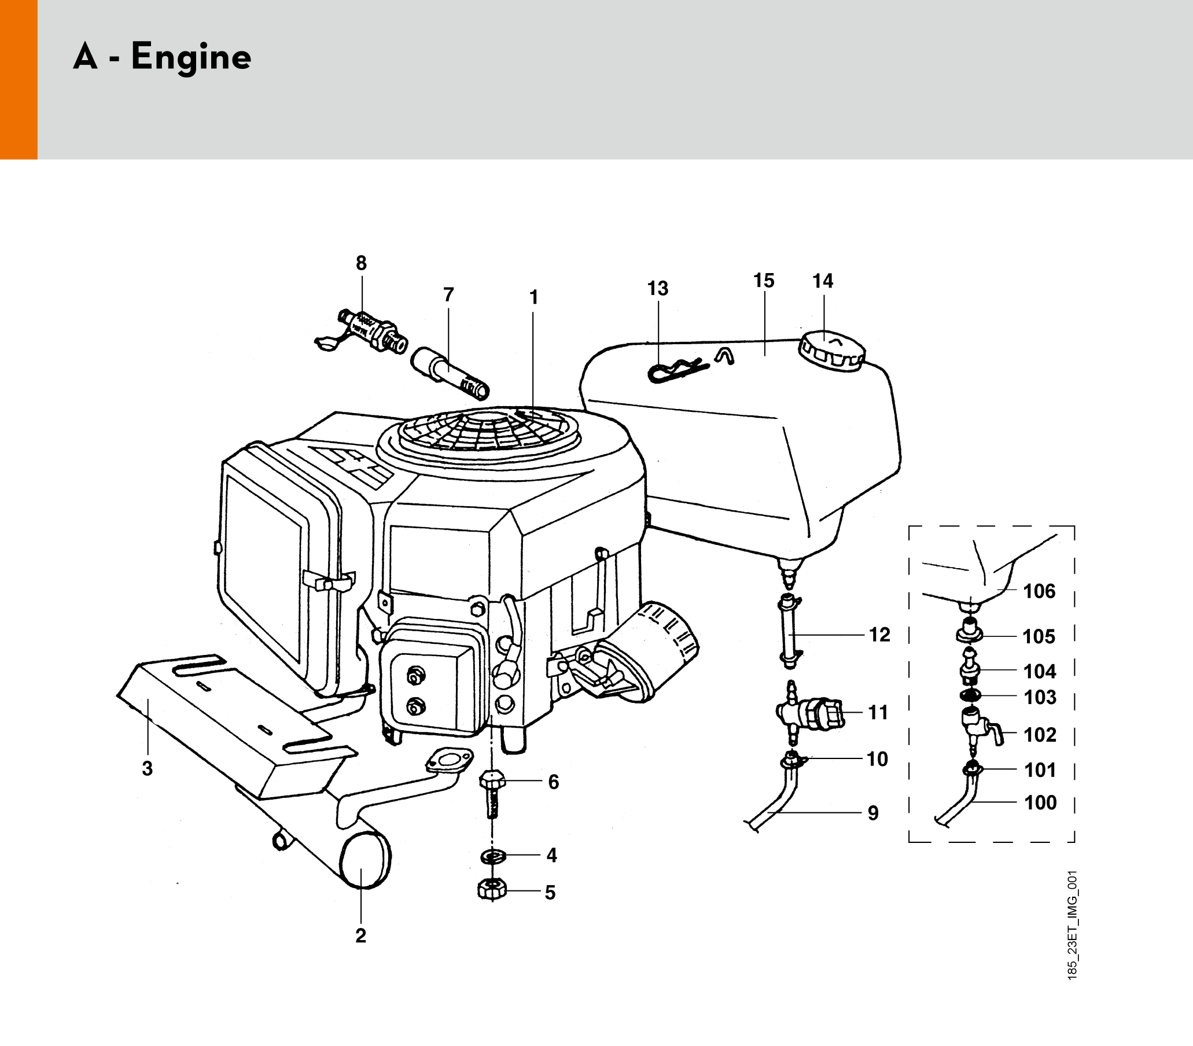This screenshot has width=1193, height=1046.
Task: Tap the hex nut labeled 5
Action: [492, 890]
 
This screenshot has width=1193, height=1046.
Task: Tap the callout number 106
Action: [1040, 591]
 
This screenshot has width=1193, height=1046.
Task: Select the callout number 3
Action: [148, 769]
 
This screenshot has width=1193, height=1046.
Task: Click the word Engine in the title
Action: [191, 57]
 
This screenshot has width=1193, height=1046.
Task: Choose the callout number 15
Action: [764, 281]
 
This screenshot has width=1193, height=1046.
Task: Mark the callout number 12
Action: [879, 635]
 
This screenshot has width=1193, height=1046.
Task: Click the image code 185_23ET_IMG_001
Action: [1072, 925]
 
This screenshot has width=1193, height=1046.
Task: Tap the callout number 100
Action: [1040, 802]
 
